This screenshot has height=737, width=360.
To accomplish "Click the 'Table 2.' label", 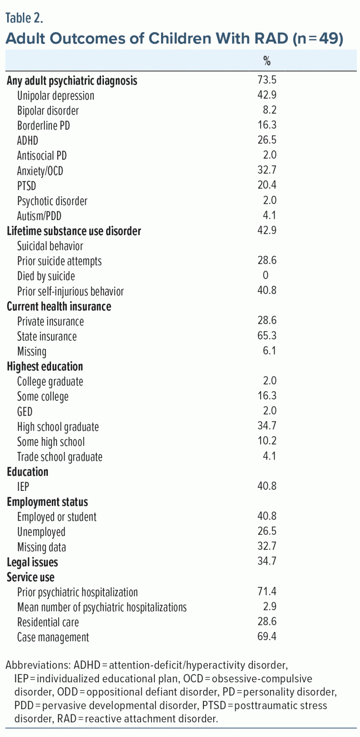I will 24,18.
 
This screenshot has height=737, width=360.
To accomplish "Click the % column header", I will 267,61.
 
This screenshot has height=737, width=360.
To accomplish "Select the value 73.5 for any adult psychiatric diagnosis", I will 267,80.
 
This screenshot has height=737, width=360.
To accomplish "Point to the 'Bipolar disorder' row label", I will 48,110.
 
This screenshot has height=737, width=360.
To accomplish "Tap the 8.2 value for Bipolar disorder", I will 269,110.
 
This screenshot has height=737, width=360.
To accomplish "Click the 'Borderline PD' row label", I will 44,126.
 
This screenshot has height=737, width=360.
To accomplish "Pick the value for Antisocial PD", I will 269,155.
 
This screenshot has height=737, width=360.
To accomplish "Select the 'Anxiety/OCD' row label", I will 40,171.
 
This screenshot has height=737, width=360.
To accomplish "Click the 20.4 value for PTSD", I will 267,185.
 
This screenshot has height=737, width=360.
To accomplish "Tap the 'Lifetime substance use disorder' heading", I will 74,231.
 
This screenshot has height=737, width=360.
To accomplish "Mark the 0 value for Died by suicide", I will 266,276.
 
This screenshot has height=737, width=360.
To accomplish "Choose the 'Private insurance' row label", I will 50,321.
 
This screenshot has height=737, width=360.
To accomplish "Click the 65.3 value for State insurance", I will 267,336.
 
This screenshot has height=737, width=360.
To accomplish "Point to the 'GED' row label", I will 25,411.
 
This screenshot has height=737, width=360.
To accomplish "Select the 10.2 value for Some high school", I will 267,441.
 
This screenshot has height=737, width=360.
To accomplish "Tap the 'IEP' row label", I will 23,487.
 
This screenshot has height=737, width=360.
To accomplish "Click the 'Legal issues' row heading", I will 32,562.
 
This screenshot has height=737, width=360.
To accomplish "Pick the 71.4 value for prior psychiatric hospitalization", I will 267,592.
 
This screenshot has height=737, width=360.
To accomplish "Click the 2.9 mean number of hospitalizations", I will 269,607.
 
